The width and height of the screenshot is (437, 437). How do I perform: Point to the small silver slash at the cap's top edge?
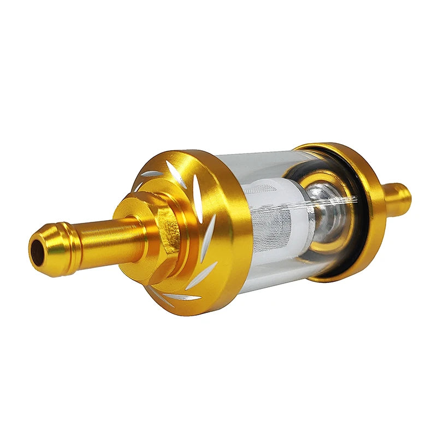152,174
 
